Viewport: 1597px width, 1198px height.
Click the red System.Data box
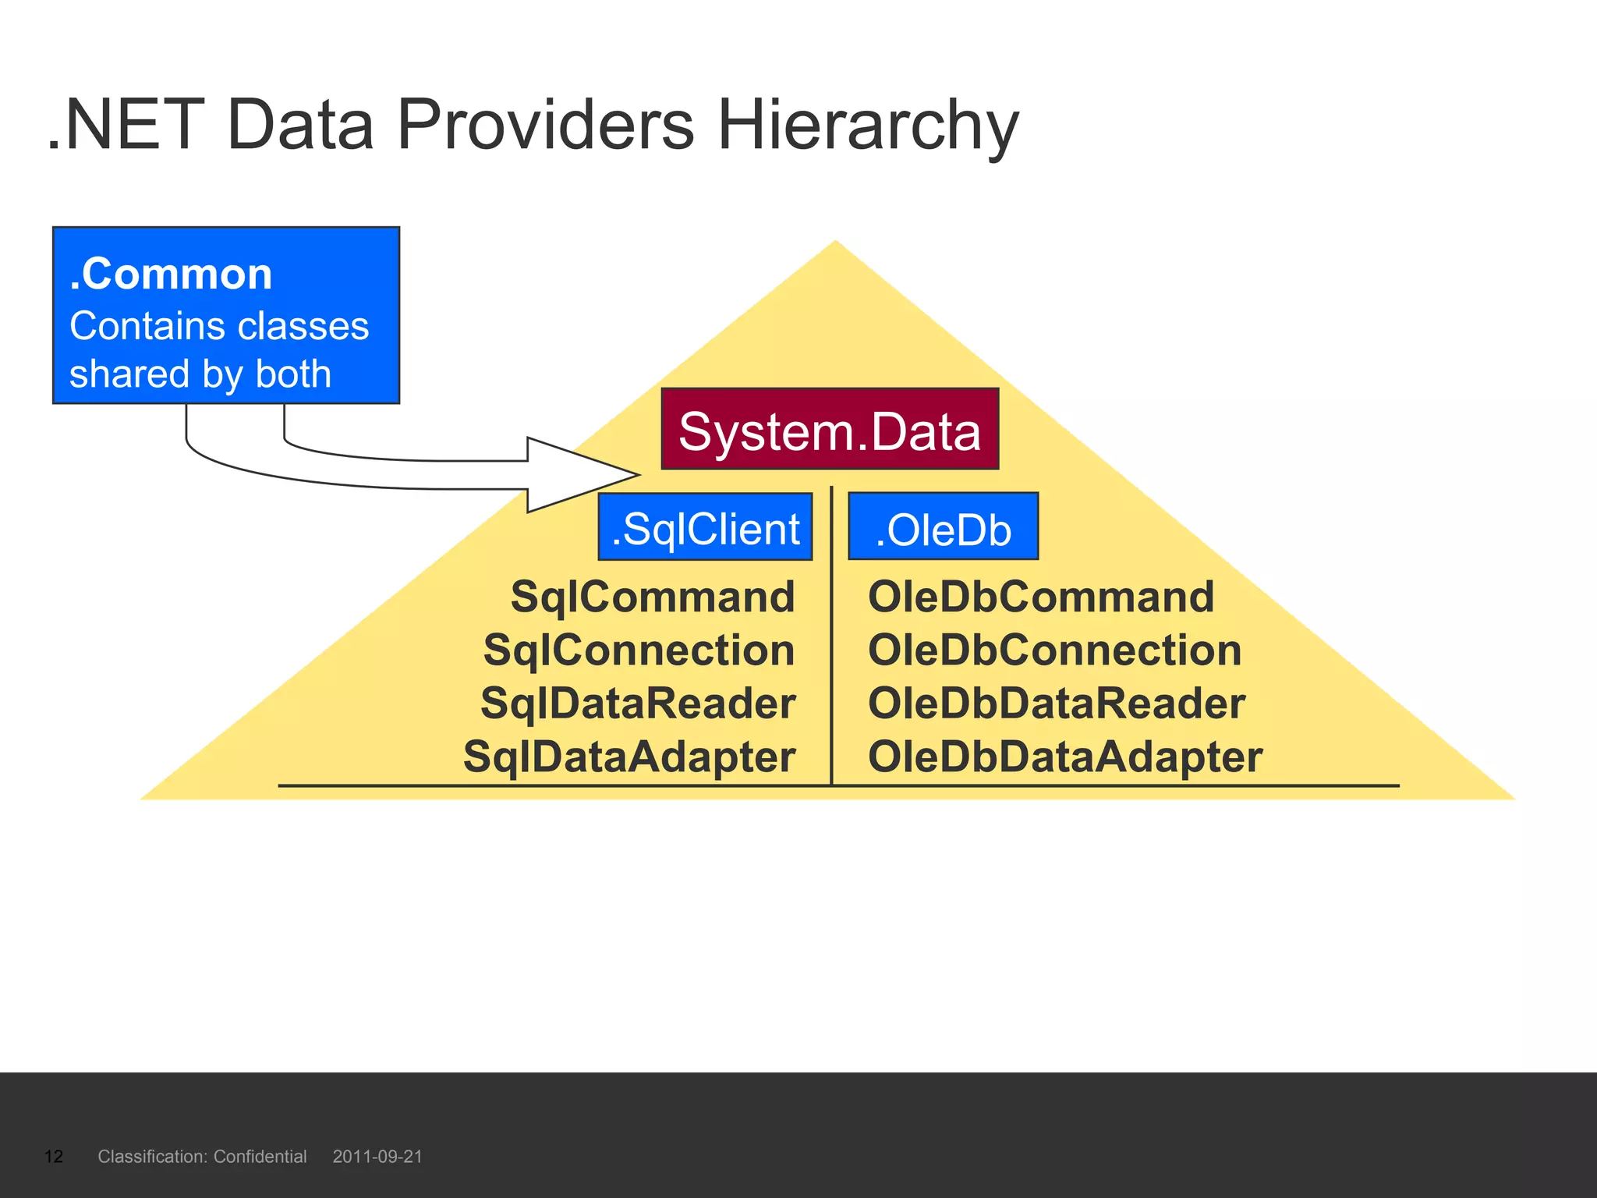[830, 430]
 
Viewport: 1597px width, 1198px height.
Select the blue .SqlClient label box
[705, 527]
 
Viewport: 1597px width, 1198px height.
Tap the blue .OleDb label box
[943, 527]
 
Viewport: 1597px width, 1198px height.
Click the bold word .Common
[171, 275]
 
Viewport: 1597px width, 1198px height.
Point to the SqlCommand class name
[653, 597]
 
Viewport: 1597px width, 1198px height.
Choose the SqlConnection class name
[639, 650]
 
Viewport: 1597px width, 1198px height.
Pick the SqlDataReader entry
[638, 704]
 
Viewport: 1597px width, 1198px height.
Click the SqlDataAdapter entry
[629, 757]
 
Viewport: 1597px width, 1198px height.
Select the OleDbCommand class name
[1041, 597]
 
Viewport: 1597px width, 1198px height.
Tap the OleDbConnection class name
[1054, 650]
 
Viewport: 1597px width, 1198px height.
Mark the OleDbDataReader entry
[1057, 704]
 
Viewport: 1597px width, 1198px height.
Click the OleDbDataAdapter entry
[1065, 757]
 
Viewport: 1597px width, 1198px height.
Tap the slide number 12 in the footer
[54, 1157]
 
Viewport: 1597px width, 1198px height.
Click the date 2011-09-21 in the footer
[377, 1157]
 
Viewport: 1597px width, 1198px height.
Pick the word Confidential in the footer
[260, 1157]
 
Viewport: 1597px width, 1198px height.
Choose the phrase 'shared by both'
[200, 374]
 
